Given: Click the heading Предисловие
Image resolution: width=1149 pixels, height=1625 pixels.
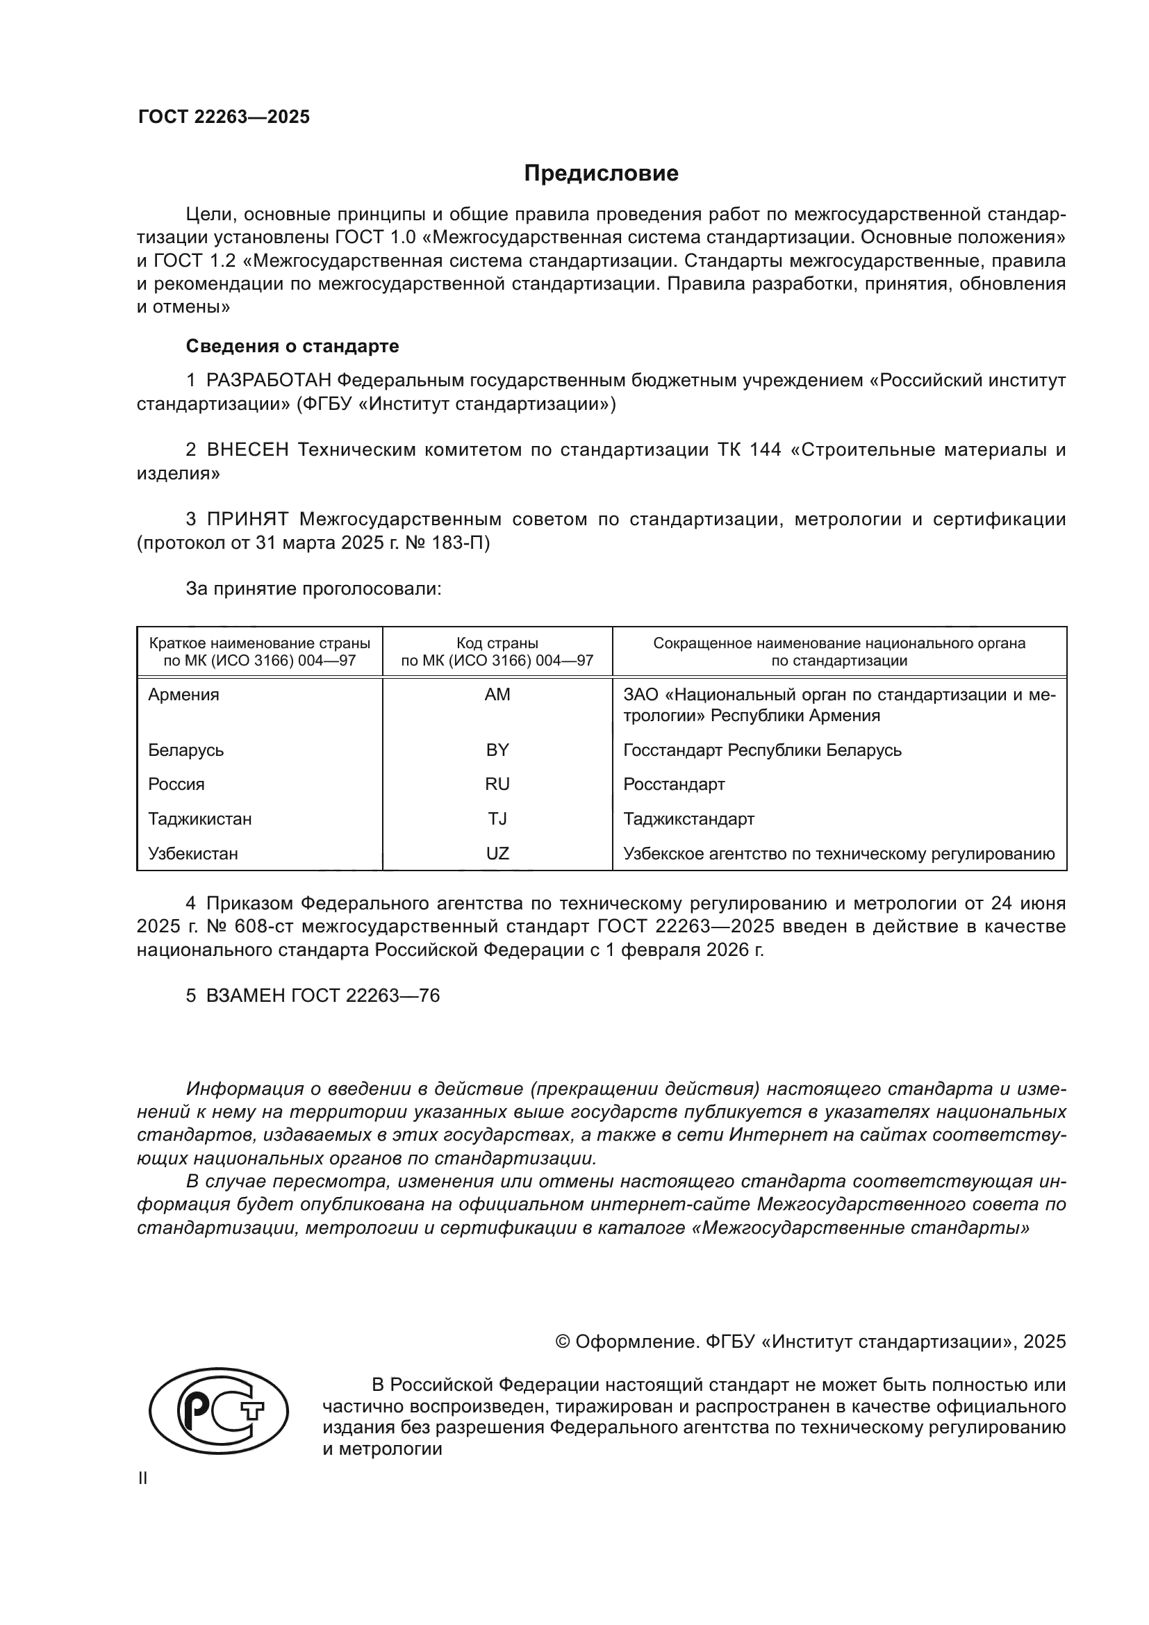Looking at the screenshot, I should coord(601,174).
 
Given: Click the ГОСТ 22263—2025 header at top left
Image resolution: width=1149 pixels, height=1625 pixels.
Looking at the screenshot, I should coord(224,117).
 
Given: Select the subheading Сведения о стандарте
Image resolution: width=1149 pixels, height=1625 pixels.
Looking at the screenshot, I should coord(292,346).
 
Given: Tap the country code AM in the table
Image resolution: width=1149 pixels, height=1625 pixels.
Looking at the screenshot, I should coord(497,694).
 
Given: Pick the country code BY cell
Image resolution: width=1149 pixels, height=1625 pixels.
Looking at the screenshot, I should coord(497,750).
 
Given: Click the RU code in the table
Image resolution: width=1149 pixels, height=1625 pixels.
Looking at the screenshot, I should coord(497,784).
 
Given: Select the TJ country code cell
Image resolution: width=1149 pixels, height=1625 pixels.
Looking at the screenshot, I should coord(497,819).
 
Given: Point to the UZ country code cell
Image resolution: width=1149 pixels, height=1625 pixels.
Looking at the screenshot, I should coord(497,854).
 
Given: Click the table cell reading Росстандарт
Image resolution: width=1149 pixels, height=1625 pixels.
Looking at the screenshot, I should coord(674,784).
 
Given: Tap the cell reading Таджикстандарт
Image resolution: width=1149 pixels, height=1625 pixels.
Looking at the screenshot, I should coord(688,819).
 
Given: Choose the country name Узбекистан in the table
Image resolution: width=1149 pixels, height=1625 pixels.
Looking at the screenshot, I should coord(192,854).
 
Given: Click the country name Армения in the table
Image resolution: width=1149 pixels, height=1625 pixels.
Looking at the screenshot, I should coord(183,694).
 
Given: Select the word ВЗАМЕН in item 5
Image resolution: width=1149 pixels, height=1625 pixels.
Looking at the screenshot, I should coord(245,996).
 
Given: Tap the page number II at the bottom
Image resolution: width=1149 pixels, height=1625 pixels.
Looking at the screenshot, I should coord(143,1478).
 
